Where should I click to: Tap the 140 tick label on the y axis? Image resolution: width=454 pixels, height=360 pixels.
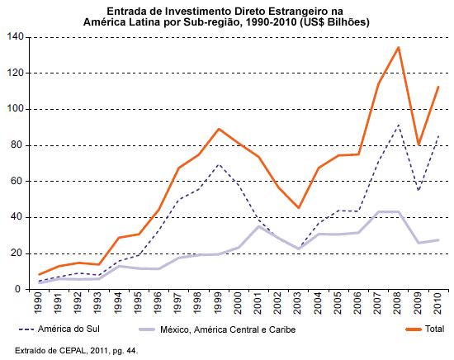click(x=16, y=37)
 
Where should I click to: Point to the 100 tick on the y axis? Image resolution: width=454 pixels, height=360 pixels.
click(x=16, y=109)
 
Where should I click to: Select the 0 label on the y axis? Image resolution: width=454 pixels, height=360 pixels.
click(x=18, y=289)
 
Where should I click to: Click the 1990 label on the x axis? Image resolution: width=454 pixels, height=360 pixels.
click(x=38, y=303)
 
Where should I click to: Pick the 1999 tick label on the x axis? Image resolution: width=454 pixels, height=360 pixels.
click(x=218, y=303)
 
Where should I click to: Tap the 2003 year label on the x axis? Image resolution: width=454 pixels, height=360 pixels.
click(x=298, y=303)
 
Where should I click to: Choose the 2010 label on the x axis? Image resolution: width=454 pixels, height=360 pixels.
click(x=438, y=303)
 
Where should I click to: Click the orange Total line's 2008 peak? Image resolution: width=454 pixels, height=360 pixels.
click(x=399, y=47)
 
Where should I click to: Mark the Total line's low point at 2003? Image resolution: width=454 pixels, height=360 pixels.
click(x=298, y=207)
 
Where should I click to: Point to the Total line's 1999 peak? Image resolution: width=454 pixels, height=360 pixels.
click(x=219, y=129)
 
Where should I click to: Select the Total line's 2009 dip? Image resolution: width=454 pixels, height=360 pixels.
click(x=419, y=144)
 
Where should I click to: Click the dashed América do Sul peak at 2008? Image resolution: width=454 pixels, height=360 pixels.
click(x=399, y=126)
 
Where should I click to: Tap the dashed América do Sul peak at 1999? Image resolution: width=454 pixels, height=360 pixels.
click(x=219, y=164)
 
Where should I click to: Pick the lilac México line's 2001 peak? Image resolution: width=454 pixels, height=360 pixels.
click(x=258, y=226)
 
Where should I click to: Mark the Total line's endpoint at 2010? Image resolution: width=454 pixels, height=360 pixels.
click(x=438, y=87)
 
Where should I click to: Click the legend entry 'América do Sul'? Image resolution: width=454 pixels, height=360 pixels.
click(x=69, y=329)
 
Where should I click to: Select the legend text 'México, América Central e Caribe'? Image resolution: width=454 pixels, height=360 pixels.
click(x=228, y=329)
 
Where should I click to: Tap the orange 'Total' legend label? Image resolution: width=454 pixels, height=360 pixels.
click(x=434, y=329)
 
